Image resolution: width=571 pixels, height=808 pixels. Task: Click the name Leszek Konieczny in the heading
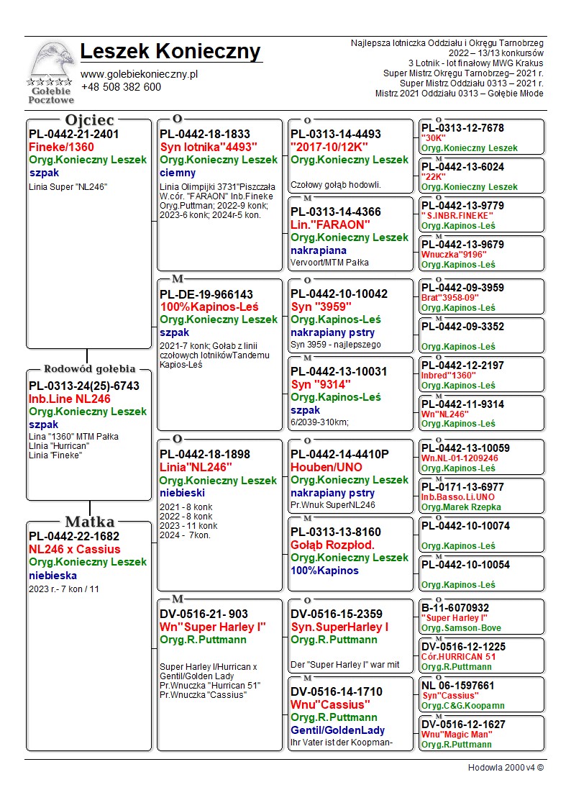tap(170, 52)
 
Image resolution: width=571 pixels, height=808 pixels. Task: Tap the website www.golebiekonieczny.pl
tap(139, 74)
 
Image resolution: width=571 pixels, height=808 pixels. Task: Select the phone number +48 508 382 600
tap(121, 87)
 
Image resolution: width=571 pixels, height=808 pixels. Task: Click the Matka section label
tap(89, 522)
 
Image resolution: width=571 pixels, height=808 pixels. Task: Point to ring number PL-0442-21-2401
tap(74, 134)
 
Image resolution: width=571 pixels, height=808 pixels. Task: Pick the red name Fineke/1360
tap(61, 147)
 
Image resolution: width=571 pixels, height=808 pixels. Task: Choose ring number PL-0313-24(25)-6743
tap(84, 386)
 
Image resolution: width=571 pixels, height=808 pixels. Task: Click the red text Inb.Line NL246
tap(70, 399)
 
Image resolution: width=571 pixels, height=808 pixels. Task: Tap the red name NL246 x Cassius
tap(74, 549)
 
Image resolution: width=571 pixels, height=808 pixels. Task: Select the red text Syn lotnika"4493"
tap(209, 147)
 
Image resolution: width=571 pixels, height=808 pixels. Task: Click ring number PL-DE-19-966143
tap(206, 294)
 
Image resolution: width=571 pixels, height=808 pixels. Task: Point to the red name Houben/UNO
tap(326, 467)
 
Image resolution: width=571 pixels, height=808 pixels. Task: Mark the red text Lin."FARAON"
tap(330, 224)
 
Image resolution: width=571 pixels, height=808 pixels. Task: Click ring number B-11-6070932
tap(455, 608)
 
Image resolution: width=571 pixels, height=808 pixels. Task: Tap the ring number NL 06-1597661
tap(458, 686)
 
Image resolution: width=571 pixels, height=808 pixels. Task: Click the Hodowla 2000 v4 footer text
tap(506, 768)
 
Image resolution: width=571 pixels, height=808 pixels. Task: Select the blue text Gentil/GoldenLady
tap(337, 730)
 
